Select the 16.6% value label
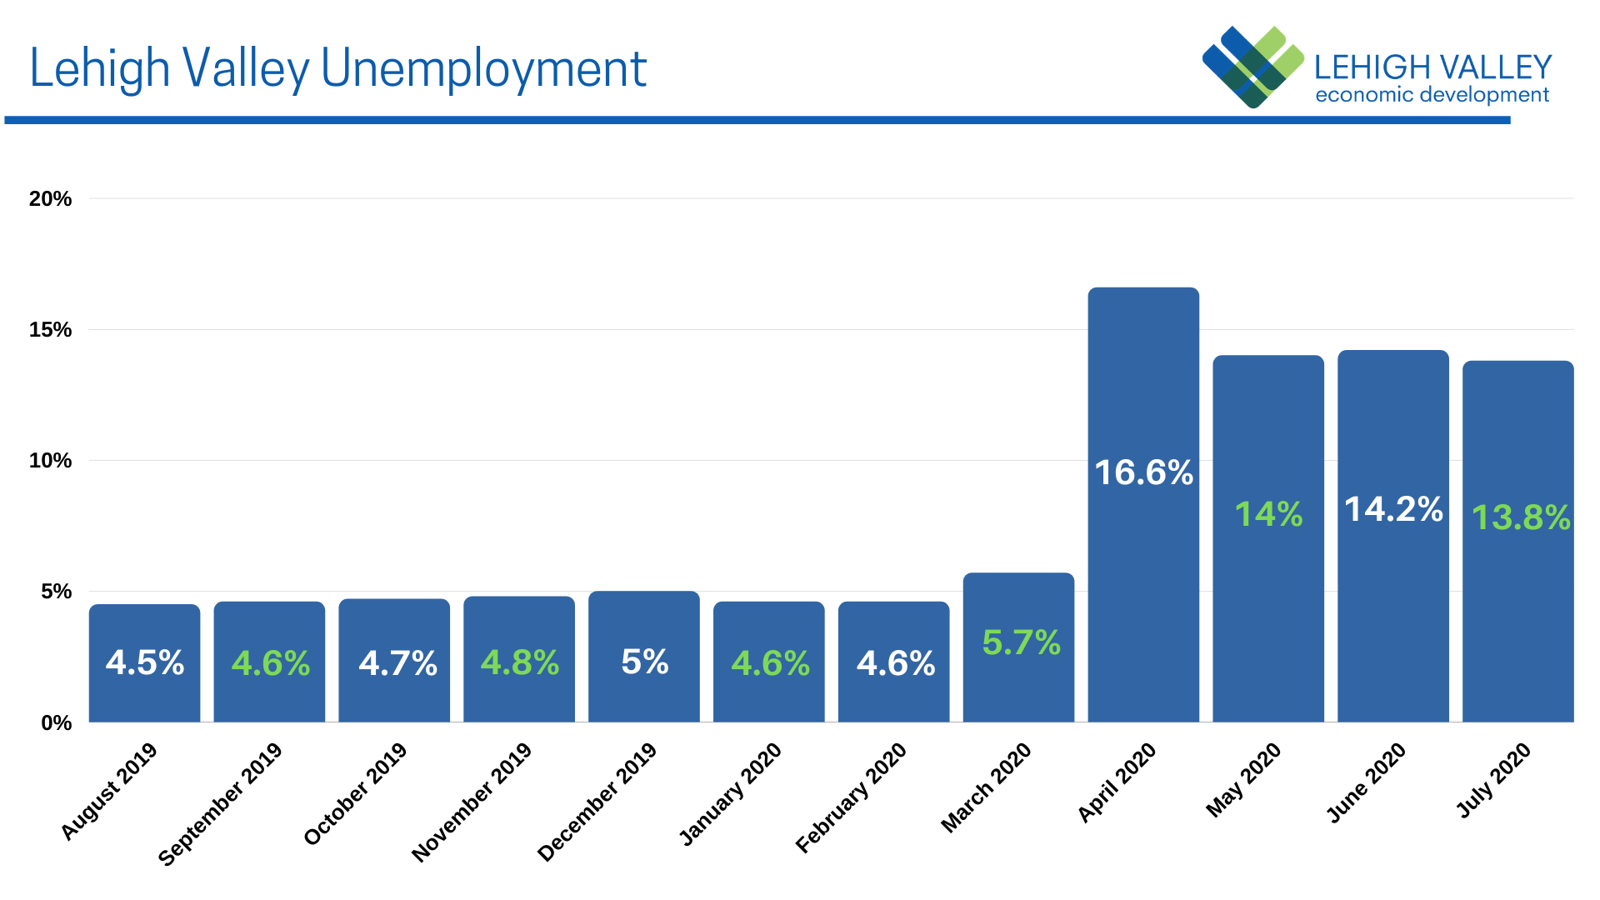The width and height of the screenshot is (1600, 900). click(x=1143, y=472)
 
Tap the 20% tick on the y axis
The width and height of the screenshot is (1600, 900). click(x=50, y=199)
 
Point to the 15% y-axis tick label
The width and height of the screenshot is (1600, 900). click(x=50, y=330)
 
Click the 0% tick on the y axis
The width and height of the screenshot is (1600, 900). click(x=56, y=722)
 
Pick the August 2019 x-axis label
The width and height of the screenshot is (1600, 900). click(x=109, y=790)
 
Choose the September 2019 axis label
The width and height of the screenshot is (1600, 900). click(x=221, y=803)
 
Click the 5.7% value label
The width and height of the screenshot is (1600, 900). click(x=1021, y=642)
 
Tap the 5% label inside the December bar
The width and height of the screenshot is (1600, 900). click(x=644, y=662)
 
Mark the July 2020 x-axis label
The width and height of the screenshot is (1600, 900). click(x=1493, y=780)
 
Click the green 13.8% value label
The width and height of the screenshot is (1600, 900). click(x=1521, y=517)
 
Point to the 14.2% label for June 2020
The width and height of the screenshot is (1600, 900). click(x=1393, y=509)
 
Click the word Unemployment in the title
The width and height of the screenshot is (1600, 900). click(x=483, y=68)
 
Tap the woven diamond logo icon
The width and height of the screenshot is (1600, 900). click(x=1252, y=67)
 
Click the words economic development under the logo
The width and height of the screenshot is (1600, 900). click(x=1432, y=95)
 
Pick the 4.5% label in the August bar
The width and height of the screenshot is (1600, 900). click(x=145, y=662)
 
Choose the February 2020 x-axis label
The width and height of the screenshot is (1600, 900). click(x=851, y=797)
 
